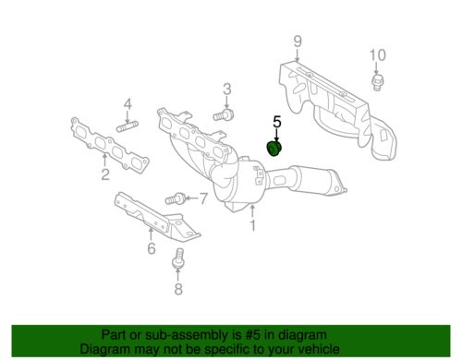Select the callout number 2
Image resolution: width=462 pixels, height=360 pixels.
click(105, 173)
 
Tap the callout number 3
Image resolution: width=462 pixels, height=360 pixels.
click(225, 89)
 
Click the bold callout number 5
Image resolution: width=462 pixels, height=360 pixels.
click(275, 121)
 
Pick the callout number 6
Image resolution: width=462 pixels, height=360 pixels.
click(151, 246)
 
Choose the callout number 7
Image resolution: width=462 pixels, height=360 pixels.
click(204, 197)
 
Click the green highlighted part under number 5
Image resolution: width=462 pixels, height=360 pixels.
click(274, 151)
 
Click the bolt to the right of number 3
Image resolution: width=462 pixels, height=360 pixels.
click(222, 116)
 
